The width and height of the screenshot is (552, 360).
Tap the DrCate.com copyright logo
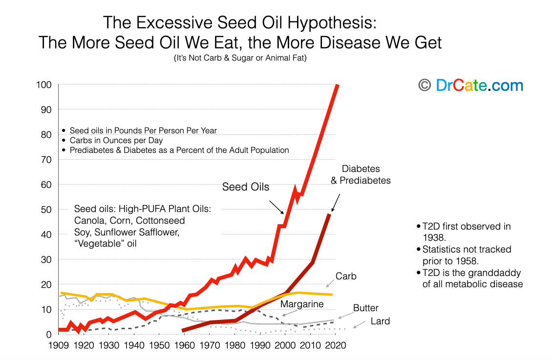click(471, 85)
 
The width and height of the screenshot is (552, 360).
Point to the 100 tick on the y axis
click(44, 85)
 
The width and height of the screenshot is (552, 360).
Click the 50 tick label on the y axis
click(46, 210)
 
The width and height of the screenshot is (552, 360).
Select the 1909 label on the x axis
click(58, 345)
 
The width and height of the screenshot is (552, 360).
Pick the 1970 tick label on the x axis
click(210, 345)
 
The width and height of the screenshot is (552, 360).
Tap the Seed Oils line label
click(245, 187)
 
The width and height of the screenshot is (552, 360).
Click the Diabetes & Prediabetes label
click(361, 174)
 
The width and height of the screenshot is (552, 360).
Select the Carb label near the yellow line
click(346, 276)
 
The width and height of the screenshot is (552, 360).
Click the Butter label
click(366, 308)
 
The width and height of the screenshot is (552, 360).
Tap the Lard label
click(380, 321)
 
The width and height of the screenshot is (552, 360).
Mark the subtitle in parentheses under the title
click(240, 58)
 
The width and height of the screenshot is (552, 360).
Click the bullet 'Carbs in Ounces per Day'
click(116, 140)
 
